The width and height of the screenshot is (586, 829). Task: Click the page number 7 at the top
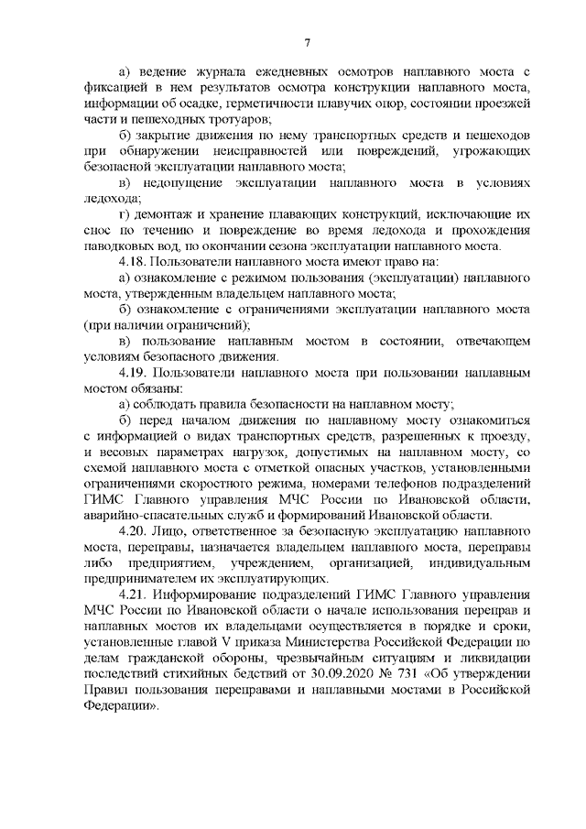click(309, 41)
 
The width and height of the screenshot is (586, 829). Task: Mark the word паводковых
click(124, 245)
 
